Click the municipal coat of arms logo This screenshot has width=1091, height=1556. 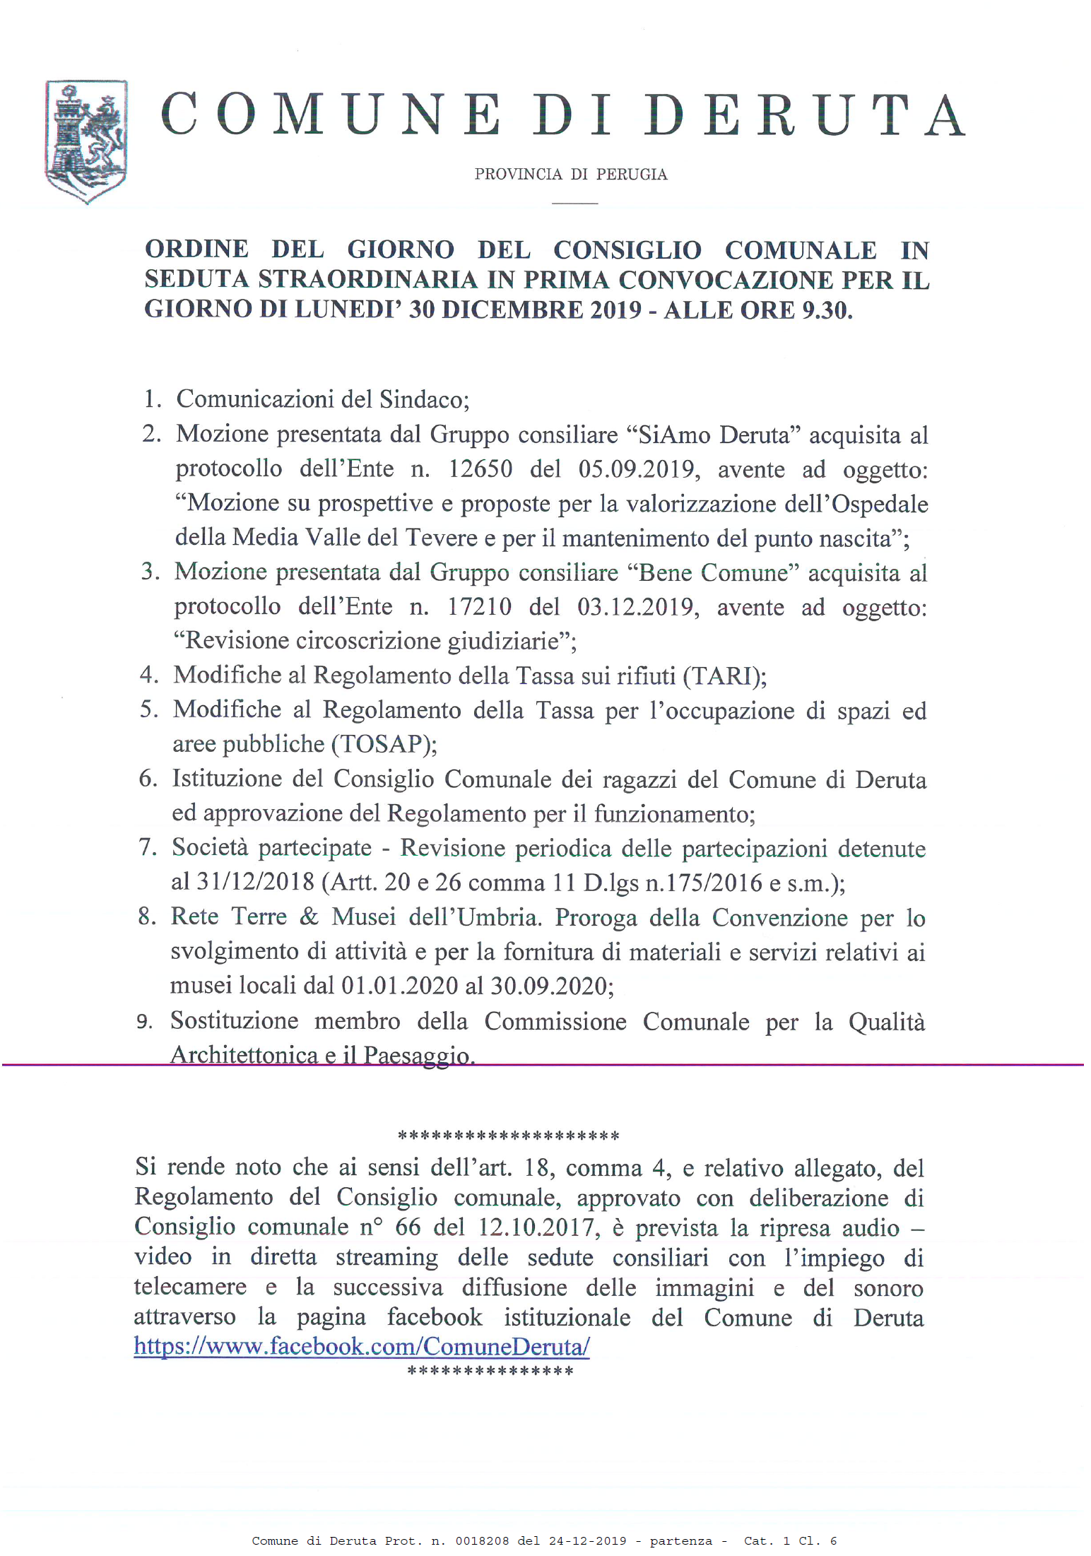[86, 141]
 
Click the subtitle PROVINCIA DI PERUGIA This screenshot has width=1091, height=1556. [570, 175]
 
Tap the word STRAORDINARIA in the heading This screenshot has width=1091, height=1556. [367, 280]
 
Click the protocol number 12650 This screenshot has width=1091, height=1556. [480, 469]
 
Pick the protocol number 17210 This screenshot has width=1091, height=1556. [480, 607]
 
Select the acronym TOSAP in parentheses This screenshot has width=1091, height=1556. [384, 744]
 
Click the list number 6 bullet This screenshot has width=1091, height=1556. [148, 779]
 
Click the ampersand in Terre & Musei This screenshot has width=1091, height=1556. [309, 916]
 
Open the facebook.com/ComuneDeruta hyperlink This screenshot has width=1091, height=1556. [362, 1346]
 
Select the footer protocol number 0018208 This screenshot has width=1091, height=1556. [482, 1541]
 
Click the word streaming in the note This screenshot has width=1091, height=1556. [387, 1257]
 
